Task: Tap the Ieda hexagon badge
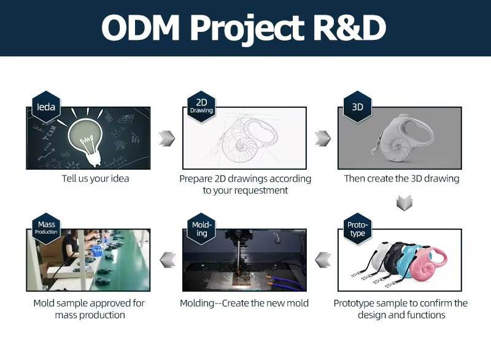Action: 46,107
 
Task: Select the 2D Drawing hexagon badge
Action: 201,106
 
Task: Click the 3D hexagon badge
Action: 357,107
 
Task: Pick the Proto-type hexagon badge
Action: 357,229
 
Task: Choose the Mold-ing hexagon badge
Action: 201,229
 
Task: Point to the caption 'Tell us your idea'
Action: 95,179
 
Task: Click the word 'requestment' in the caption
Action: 258,190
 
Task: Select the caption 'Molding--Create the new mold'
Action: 244,303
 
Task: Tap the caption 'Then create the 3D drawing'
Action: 401,179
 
